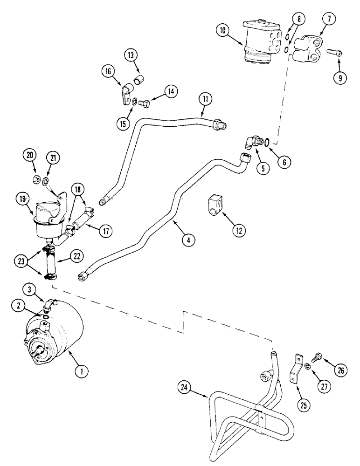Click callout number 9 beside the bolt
point(340,78)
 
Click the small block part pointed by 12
point(215,205)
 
